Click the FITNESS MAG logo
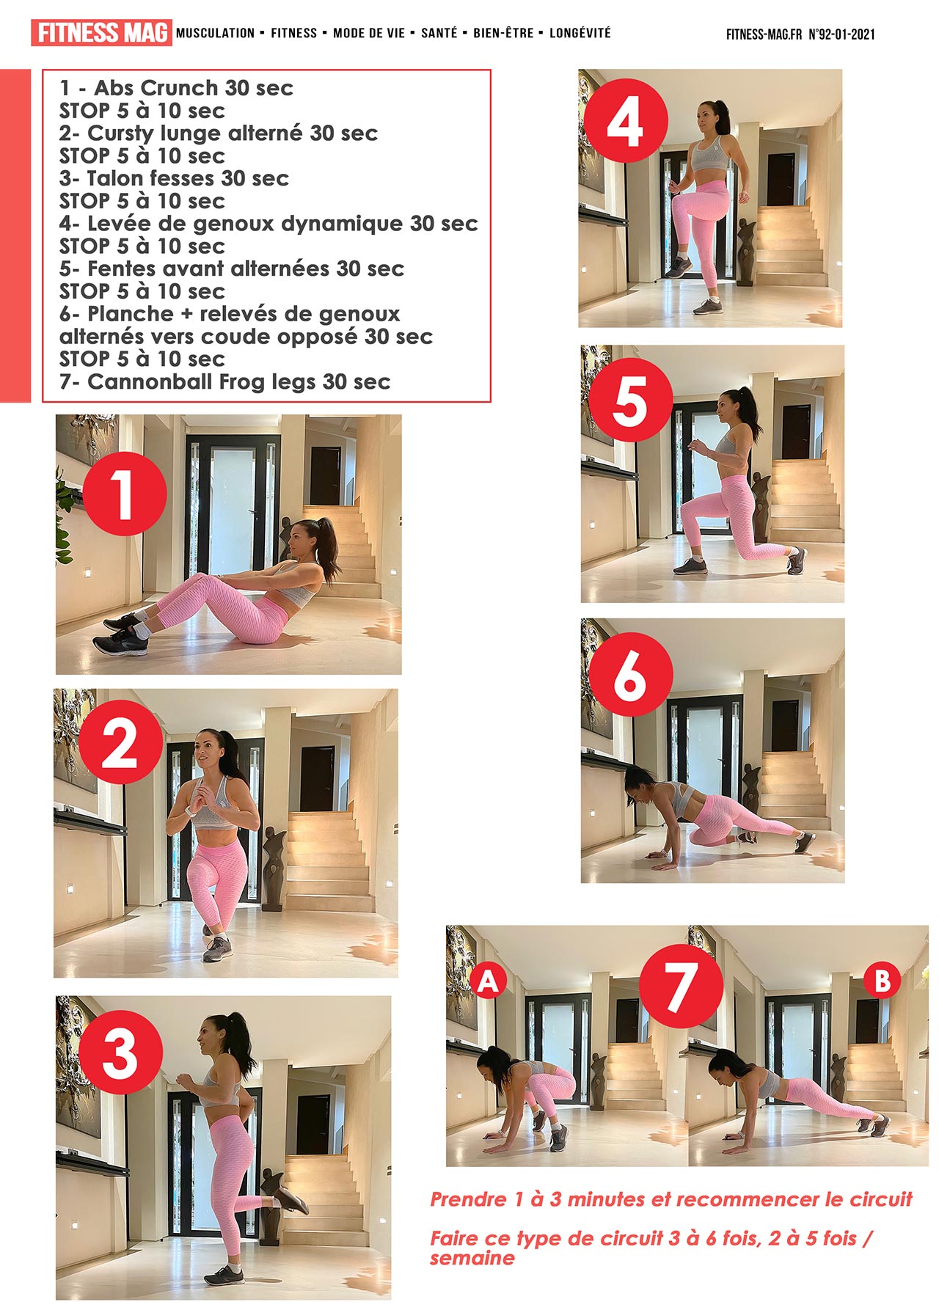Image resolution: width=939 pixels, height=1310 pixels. point(101,33)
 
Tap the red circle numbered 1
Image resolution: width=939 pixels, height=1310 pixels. point(125,494)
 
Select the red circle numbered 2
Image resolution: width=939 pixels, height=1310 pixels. point(121,743)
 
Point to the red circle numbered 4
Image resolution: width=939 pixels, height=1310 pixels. point(626,121)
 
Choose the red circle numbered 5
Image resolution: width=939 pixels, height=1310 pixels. point(630,400)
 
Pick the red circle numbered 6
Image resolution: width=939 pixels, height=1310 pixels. point(631,675)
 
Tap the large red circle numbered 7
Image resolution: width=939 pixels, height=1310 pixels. point(681,985)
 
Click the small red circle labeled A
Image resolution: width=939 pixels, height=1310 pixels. point(489,981)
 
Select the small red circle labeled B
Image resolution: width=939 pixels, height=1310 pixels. point(883,981)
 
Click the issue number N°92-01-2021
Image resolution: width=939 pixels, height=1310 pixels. point(841,34)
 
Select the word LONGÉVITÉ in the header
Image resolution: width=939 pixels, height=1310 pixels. point(580,33)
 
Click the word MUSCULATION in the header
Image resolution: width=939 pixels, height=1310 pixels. point(215,33)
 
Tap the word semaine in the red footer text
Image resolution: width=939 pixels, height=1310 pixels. point(472,1258)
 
